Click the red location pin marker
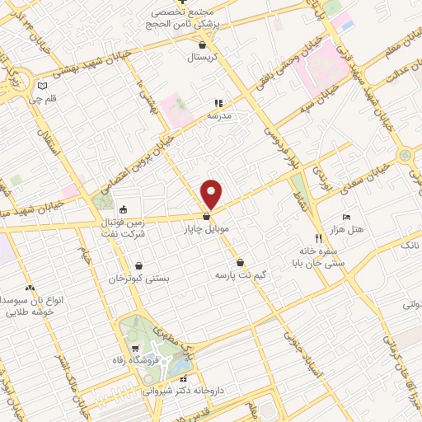(x=212, y=193)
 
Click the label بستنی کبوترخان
(x=139, y=279)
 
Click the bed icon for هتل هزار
(x=346, y=216)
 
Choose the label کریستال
(x=203, y=58)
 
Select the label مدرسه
(x=218, y=115)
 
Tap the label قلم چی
(x=44, y=99)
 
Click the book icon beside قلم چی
(x=43, y=86)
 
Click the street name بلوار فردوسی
(x=275, y=134)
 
